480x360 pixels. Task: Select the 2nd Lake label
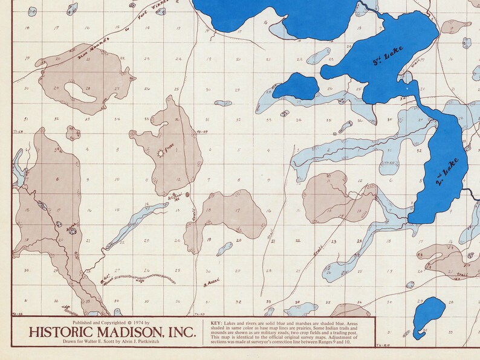click(448, 172)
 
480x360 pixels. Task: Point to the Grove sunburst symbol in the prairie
click(161, 153)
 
